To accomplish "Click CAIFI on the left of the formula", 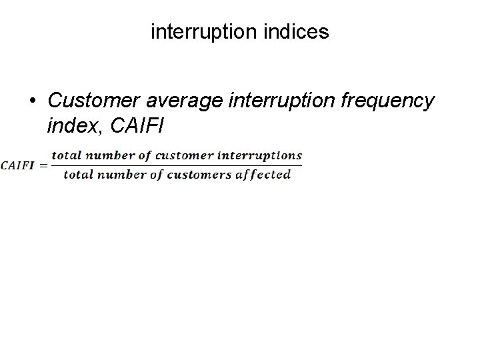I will [17, 166].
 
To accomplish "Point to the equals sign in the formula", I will [43, 166].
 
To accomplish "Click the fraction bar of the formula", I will [177, 165].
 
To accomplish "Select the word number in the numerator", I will [103, 156].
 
